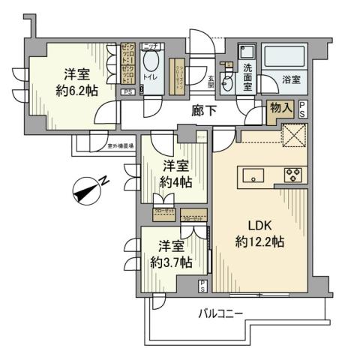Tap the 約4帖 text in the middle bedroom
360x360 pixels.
175,182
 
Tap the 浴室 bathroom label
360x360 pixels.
292,76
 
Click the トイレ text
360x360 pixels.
149,76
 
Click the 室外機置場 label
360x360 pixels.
119,146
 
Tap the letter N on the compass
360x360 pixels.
106,180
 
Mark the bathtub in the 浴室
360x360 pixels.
285,56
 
